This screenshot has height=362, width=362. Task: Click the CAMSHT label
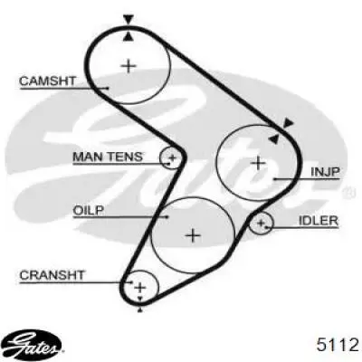pos(47,81)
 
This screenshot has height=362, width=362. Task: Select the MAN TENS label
pos(108,157)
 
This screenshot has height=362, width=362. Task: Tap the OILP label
pos(89,210)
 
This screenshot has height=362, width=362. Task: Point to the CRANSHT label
pos(52,275)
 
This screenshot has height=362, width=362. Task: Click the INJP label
pos(325,172)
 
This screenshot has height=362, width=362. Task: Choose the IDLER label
pos(319,221)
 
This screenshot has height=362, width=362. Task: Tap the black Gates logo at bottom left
pos(34,343)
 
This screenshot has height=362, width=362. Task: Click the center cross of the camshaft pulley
pos(129,65)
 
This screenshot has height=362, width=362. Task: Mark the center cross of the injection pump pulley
pos(259,163)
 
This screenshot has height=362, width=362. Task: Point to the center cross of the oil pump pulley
pos(193,235)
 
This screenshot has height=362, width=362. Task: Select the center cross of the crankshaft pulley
pos(139,288)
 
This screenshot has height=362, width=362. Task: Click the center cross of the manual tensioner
pos(173,157)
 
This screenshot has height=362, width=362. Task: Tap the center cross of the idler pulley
pos(261,224)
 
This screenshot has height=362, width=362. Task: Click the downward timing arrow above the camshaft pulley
pos(129,20)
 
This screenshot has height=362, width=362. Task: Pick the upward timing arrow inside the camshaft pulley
pos(129,36)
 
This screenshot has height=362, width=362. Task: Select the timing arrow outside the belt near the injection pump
pos(289,122)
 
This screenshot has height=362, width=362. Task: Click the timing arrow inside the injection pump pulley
pos(274,138)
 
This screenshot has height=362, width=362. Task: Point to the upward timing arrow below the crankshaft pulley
pos(139,310)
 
